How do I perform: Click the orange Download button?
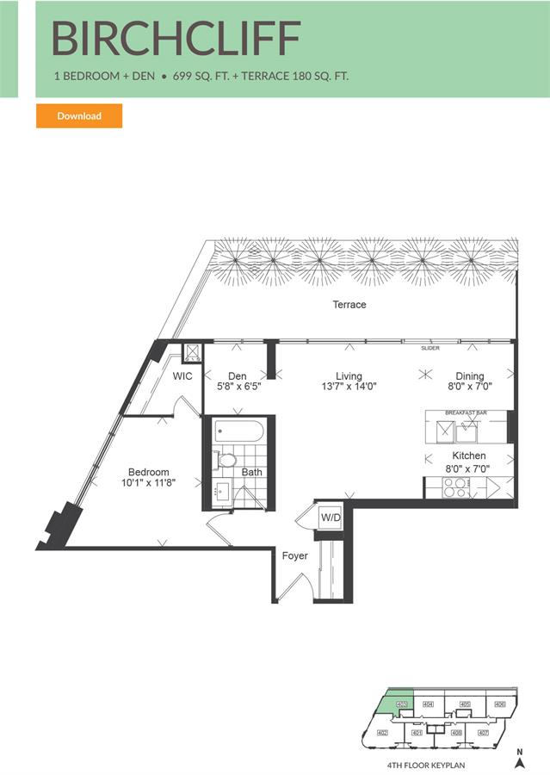tap(79, 116)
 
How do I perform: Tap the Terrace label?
tap(349, 305)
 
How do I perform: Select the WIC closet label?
tap(182, 376)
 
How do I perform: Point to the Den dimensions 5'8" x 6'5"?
tap(238, 387)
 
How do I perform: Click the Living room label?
tap(349, 376)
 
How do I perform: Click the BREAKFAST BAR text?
tap(466, 413)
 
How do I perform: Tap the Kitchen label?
tap(469, 456)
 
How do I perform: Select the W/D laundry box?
tap(331, 518)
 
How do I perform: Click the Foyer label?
tap(295, 556)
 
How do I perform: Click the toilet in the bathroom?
tap(226, 460)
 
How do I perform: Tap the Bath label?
tap(251, 472)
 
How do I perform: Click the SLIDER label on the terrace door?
tap(430, 349)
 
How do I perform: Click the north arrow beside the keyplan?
tap(519, 759)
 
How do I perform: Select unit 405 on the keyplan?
tap(465, 704)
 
